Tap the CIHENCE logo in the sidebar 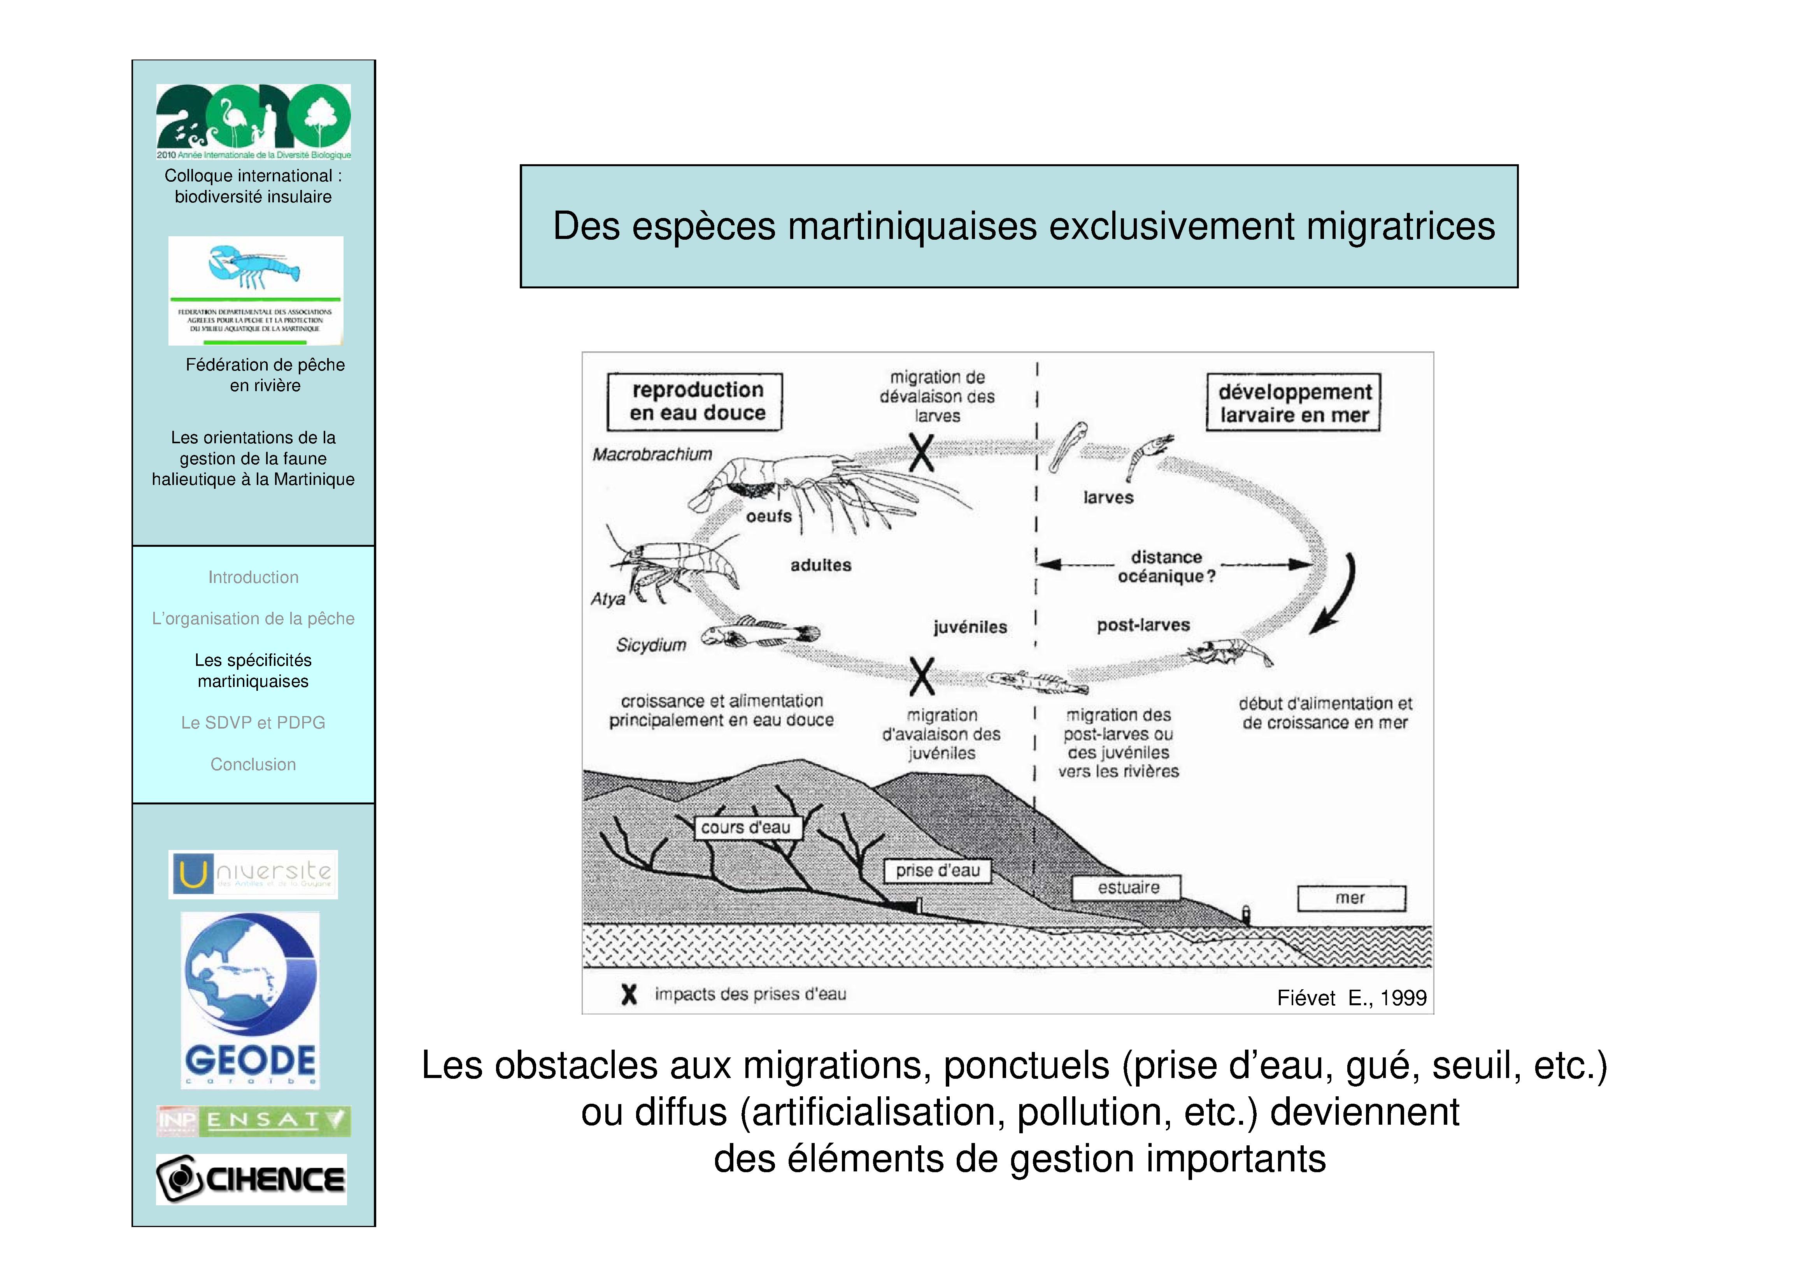tap(251, 1179)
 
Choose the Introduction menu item tap(253, 577)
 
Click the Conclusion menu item tap(253, 764)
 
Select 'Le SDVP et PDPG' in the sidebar tap(253, 722)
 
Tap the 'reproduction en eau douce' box tap(695, 402)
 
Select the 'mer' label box tap(1351, 899)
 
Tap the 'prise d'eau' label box tap(938, 871)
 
